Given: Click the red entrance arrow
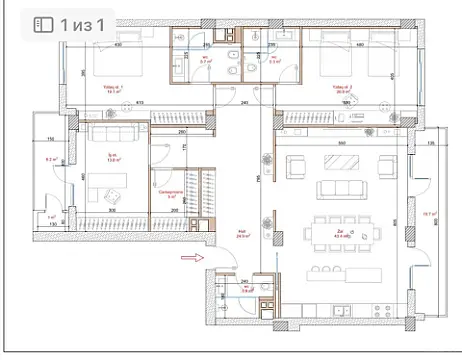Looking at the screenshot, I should tap(186, 257).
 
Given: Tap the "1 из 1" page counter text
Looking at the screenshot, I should tap(79, 23).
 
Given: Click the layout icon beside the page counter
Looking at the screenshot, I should tap(43, 23).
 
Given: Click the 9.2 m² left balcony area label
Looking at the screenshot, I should tap(49, 159).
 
